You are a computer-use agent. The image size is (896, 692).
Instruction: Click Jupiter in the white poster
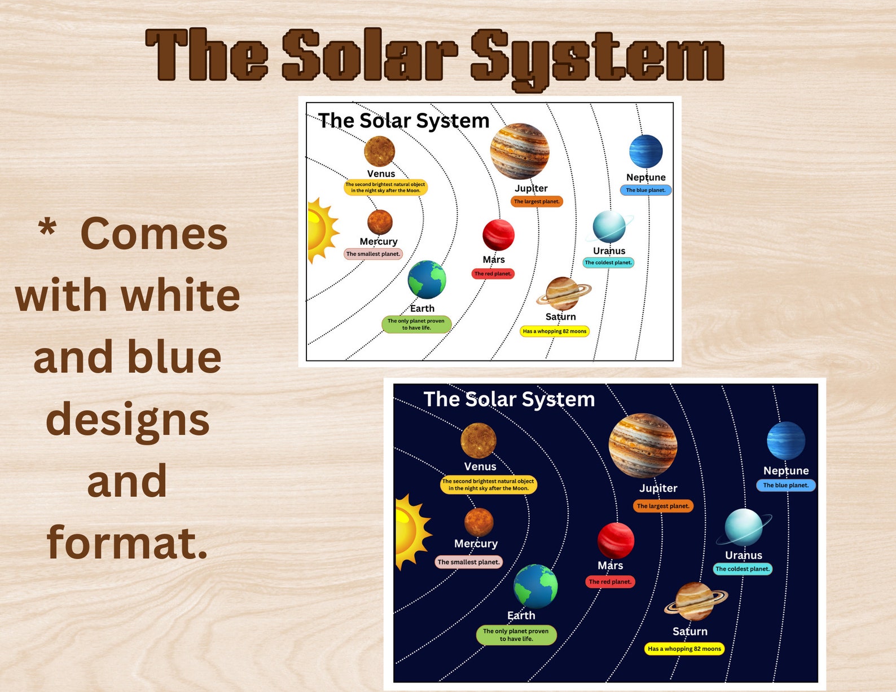click(x=519, y=151)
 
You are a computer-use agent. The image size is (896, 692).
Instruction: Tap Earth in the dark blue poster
click(x=535, y=586)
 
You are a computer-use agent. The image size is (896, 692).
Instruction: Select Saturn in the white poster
click(x=563, y=293)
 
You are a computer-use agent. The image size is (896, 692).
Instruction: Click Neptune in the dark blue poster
click(x=786, y=440)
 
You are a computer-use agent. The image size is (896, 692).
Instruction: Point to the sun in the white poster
click(x=320, y=230)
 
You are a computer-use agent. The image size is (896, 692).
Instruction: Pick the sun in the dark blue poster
click(x=409, y=531)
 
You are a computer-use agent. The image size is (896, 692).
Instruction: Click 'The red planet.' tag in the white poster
click(x=493, y=274)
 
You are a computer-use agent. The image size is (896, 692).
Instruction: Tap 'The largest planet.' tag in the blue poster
click(x=663, y=506)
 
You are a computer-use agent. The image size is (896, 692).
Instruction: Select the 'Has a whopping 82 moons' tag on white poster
click(x=554, y=331)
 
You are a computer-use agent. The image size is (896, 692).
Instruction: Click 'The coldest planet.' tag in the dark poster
click(x=742, y=569)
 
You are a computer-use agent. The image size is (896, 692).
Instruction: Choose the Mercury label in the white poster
click(x=379, y=241)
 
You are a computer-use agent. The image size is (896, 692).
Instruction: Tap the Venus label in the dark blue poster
click(x=480, y=466)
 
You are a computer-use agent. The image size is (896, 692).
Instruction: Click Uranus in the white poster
click(x=609, y=227)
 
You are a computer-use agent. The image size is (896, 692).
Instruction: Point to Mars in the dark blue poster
click(x=616, y=540)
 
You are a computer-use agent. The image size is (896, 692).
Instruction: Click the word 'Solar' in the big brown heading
click(x=370, y=55)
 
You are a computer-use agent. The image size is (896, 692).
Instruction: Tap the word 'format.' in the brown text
click(x=128, y=543)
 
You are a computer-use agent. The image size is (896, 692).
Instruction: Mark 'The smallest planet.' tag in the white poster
click(x=373, y=254)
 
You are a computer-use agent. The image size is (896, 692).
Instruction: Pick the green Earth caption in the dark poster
click(x=516, y=634)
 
